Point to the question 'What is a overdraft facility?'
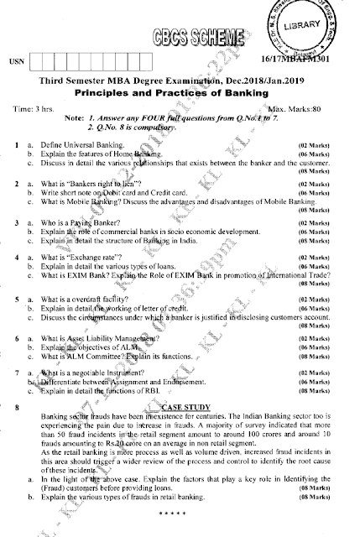[93, 321]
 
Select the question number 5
[17, 321]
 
